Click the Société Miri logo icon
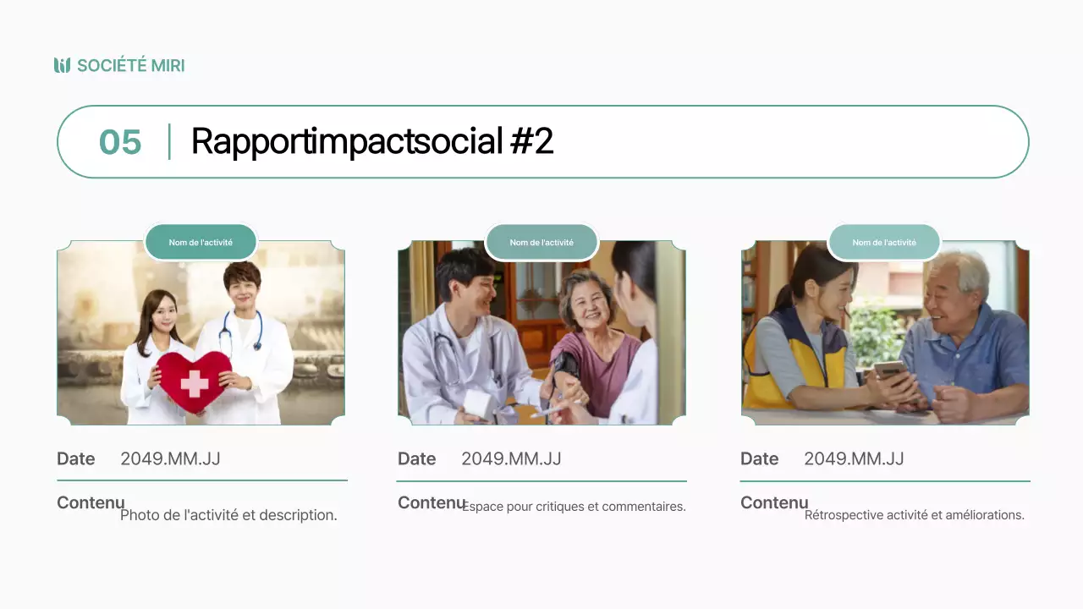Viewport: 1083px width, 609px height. (x=62, y=65)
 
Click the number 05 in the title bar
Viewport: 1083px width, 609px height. (x=120, y=142)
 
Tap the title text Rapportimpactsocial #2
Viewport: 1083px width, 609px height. (x=371, y=141)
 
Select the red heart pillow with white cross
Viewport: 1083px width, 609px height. (x=194, y=381)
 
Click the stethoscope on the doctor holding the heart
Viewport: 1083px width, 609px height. (x=241, y=329)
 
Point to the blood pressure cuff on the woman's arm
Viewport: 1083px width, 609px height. (x=565, y=365)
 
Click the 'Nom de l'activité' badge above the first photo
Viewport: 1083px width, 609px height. (x=201, y=243)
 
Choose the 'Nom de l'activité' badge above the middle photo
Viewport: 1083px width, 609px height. (x=541, y=243)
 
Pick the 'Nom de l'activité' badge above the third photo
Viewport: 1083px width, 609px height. (x=884, y=243)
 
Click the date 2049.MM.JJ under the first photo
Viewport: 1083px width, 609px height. (x=170, y=458)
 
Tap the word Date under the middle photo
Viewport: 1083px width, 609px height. (x=416, y=458)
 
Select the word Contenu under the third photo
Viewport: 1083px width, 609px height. (x=773, y=502)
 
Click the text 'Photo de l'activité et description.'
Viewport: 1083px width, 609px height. (x=228, y=514)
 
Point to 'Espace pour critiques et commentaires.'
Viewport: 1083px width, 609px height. (x=574, y=507)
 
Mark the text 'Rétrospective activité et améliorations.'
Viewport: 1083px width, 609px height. (x=914, y=514)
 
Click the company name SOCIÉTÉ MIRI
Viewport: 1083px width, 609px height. (x=130, y=65)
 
